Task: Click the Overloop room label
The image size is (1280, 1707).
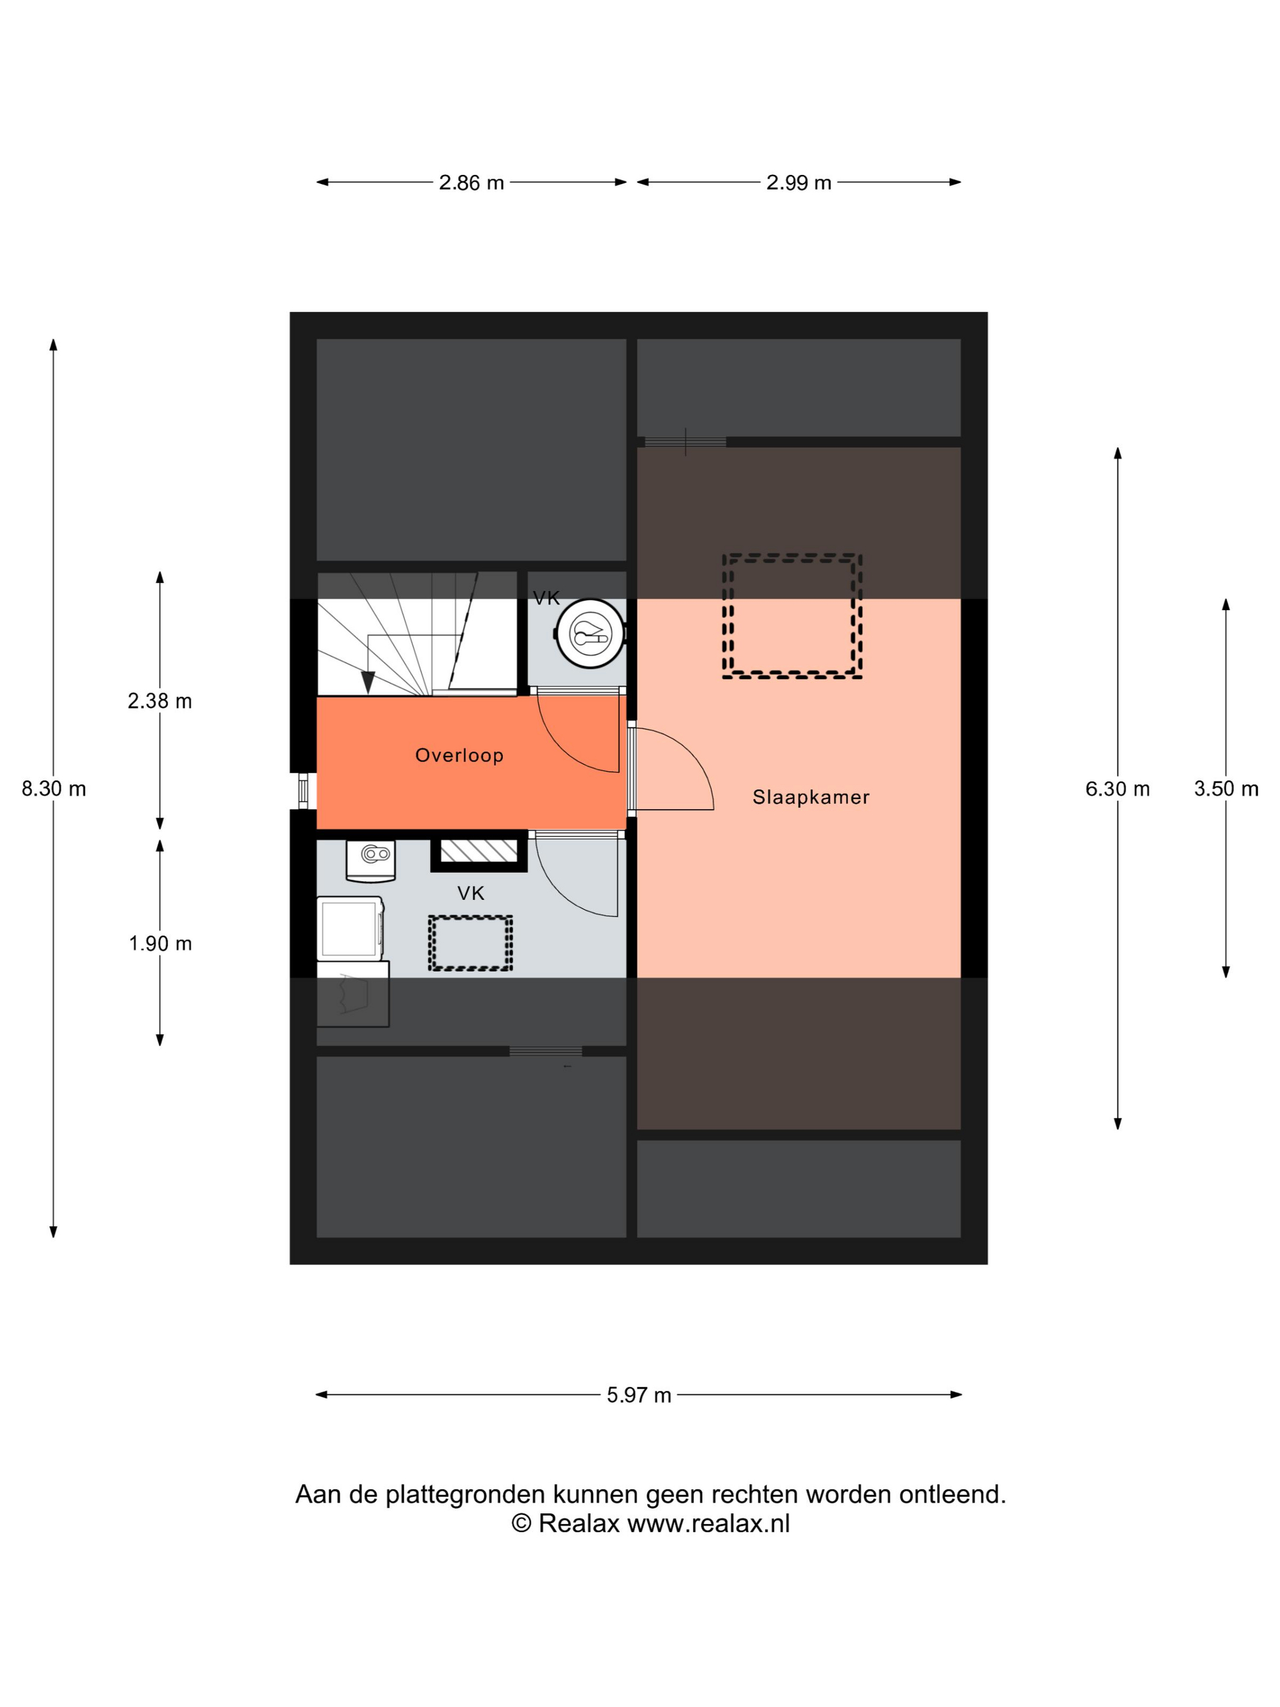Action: (x=459, y=755)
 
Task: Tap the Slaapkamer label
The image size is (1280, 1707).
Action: (x=811, y=797)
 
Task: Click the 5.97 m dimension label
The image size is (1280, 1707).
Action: (x=639, y=1395)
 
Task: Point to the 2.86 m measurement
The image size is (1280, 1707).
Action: (x=471, y=183)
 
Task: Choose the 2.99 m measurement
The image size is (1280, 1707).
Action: (x=798, y=183)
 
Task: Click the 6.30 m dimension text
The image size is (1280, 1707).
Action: (x=1117, y=789)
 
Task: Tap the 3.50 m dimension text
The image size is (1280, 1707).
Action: (x=1226, y=789)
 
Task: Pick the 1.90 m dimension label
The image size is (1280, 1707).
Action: (x=160, y=943)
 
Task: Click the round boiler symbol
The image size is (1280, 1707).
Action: (x=590, y=633)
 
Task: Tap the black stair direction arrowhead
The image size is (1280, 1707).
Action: (x=368, y=682)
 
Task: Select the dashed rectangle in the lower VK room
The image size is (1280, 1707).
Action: (x=471, y=918)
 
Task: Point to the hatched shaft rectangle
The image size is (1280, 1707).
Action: (x=478, y=851)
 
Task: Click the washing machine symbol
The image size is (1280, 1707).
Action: (x=350, y=928)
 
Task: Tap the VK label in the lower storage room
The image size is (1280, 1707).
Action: (x=471, y=894)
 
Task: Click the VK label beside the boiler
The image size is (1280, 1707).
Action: (x=546, y=598)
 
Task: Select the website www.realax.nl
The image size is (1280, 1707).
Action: (x=708, y=1523)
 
